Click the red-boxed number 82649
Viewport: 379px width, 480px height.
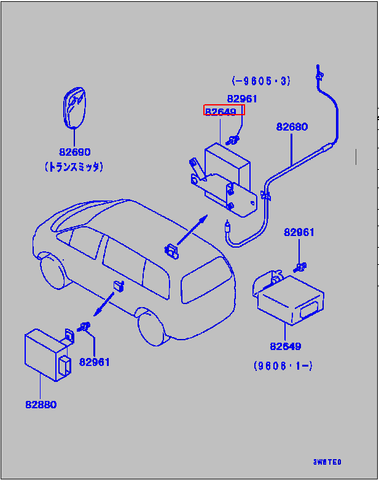coord(224,110)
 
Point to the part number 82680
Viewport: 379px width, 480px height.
coord(292,127)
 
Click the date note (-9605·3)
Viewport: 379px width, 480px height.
coord(260,80)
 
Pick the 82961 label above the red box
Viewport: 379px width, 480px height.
coord(242,98)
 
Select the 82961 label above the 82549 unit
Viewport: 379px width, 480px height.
coord(299,232)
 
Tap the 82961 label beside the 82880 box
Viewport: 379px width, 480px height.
coord(94,362)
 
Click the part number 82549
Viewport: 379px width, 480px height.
coord(285,346)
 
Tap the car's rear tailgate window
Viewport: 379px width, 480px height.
coord(206,281)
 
